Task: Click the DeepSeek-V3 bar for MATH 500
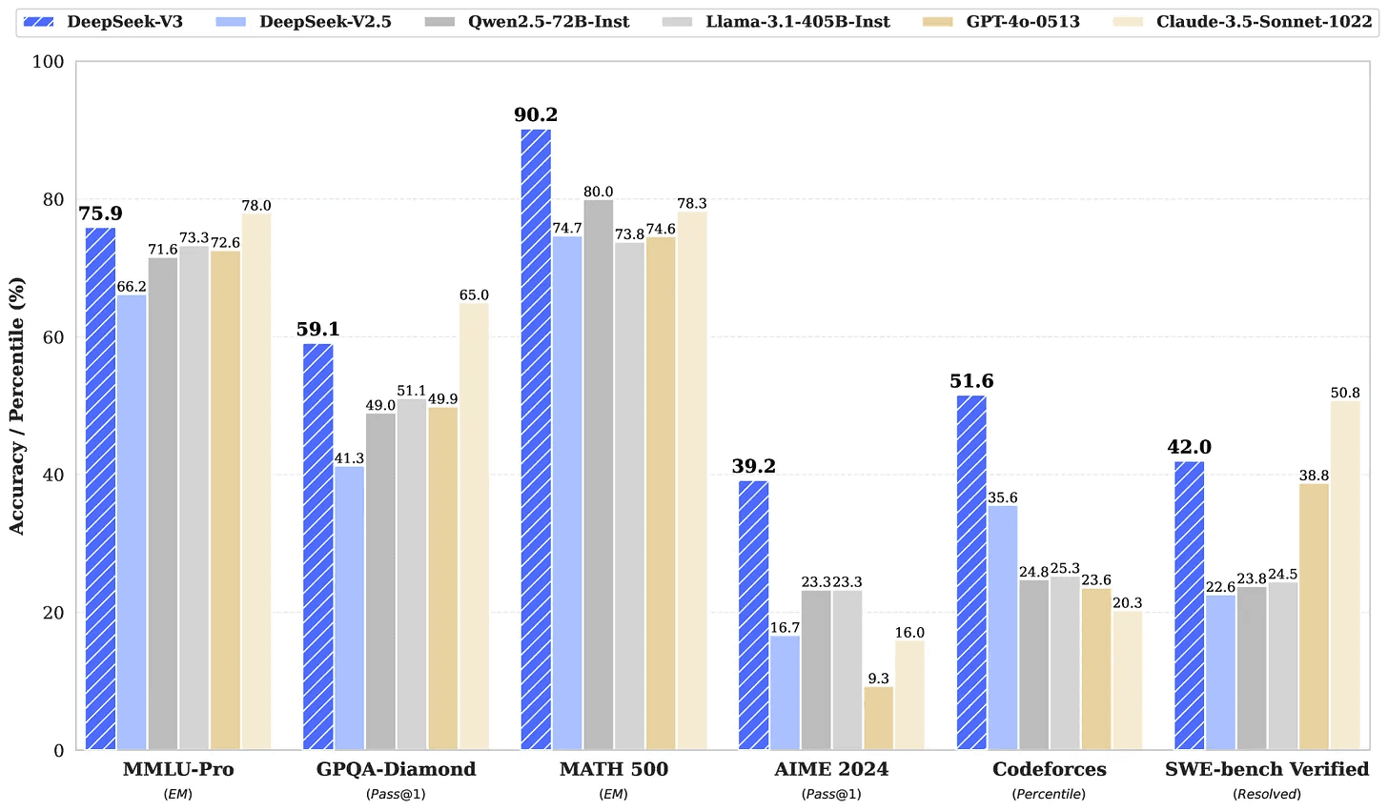coord(536,439)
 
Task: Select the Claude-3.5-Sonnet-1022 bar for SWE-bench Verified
coord(1345,576)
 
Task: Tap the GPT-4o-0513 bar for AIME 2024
coord(878,719)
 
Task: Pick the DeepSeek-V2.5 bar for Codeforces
coord(1002,628)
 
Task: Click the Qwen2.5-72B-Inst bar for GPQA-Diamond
coord(380,581)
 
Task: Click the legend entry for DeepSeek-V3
coord(109,21)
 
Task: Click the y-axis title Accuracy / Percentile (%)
coord(17,406)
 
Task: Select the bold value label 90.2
coord(536,115)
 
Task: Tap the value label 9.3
coord(878,679)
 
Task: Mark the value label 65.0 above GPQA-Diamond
coord(474,295)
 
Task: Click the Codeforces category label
coord(1049,769)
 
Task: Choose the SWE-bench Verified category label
coord(1267,769)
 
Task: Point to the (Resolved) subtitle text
coord(1267,794)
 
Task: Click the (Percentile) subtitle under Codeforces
coord(1049,794)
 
